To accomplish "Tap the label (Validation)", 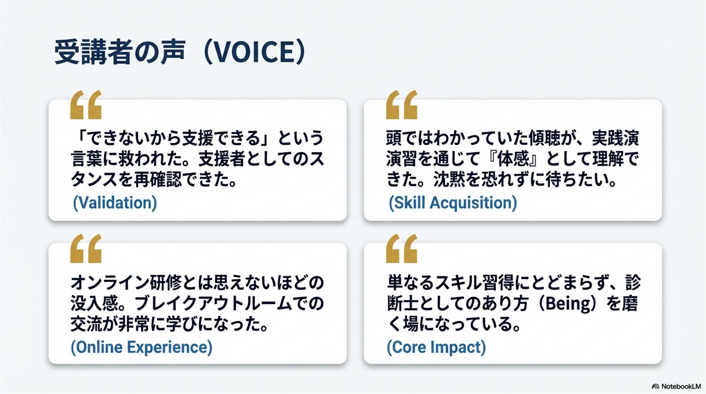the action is click(x=115, y=203).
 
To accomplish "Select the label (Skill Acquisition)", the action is click(x=453, y=203).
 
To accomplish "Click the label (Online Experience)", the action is click(x=142, y=347).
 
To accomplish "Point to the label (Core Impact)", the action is click(x=436, y=347).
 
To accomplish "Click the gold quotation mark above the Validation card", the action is click(x=86, y=105).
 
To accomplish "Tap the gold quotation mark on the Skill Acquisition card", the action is click(x=402, y=105).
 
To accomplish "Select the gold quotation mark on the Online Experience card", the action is click(x=86, y=249).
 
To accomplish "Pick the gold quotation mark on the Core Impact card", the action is click(x=402, y=249).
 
